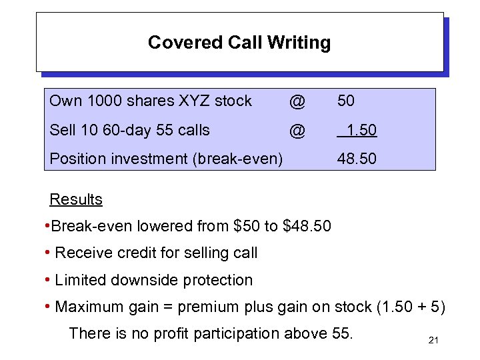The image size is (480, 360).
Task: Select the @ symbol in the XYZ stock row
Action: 297,101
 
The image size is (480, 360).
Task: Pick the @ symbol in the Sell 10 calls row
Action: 297,131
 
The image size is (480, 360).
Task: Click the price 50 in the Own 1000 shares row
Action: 346,101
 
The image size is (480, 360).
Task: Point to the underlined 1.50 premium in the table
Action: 357,131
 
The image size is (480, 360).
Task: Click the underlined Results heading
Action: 76,199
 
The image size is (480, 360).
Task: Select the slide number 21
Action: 433,341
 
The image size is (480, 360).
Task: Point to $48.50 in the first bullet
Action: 307,226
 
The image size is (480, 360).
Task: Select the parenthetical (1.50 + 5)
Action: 413,307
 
